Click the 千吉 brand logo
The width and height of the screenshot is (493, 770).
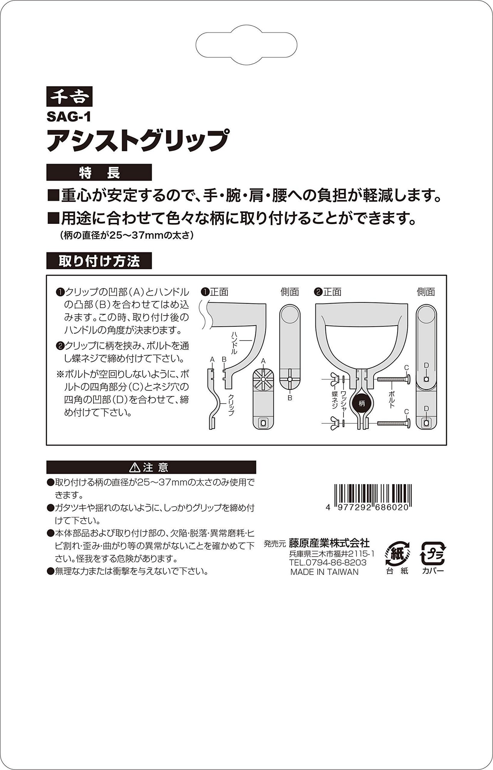[69, 96]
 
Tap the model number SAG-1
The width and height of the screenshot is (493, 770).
[69, 116]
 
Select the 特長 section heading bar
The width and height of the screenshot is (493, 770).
[99, 173]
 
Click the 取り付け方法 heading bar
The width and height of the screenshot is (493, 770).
[99, 261]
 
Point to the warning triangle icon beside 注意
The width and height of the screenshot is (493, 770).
[135, 467]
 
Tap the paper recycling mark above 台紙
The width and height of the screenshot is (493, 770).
[397, 553]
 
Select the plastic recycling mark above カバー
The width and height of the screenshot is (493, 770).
[433, 554]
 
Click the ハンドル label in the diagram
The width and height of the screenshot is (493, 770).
[235, 343]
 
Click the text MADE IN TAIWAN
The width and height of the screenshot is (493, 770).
[324, 572]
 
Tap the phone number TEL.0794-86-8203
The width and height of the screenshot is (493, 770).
[328, 562]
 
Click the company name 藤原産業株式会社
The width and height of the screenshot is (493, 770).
[329, 543]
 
